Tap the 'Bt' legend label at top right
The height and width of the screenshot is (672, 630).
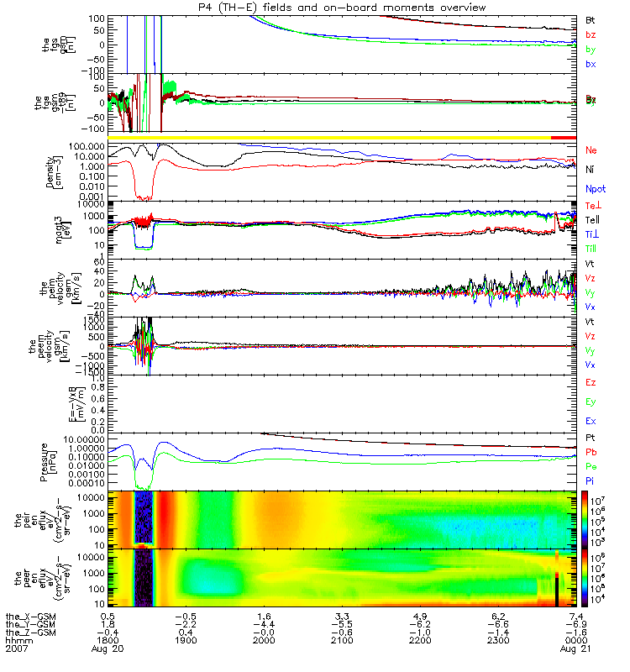591,18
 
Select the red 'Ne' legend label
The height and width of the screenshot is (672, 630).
591,150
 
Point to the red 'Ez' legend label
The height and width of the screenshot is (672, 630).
591,382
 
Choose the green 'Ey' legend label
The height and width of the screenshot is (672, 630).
591,402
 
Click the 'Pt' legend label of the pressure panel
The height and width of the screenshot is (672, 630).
591,438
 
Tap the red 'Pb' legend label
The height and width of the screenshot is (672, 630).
591,451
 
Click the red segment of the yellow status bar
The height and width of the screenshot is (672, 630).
563,136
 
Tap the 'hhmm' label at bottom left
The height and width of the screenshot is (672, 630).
17,642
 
